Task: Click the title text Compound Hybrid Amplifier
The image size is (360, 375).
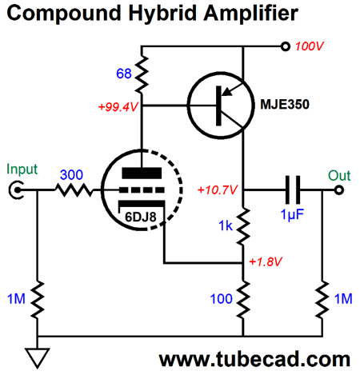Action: tap(152, 14)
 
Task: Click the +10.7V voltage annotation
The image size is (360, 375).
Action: tap(216, 190)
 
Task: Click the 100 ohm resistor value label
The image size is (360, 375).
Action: tap(221, 298)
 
